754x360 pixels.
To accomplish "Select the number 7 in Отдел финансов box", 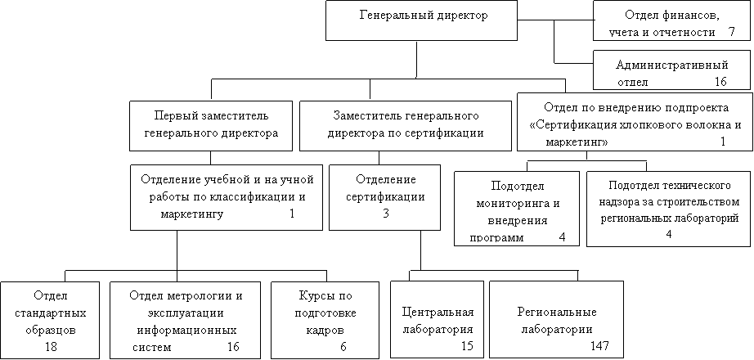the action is coord(732,32).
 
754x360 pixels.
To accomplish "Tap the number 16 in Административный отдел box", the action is coord(720,82).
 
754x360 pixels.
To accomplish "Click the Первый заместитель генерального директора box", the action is coord(211,126).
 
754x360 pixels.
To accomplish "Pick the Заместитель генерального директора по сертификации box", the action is coord(406,126).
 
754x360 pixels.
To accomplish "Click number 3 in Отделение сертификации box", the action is coord(386,214).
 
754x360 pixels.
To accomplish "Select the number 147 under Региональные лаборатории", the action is coord(599,345).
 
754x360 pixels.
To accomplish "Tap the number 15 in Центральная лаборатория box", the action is coord(466,345).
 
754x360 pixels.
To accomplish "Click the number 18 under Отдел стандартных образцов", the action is coord(51,347).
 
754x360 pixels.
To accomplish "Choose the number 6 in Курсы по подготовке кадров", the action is coord(343,347).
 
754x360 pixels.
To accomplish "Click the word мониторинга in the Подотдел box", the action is coord(518,203).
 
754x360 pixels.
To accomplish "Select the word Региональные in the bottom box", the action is coord(557,312).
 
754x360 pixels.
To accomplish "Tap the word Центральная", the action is coord(438,312).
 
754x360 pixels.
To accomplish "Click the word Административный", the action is coord(672,65).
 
